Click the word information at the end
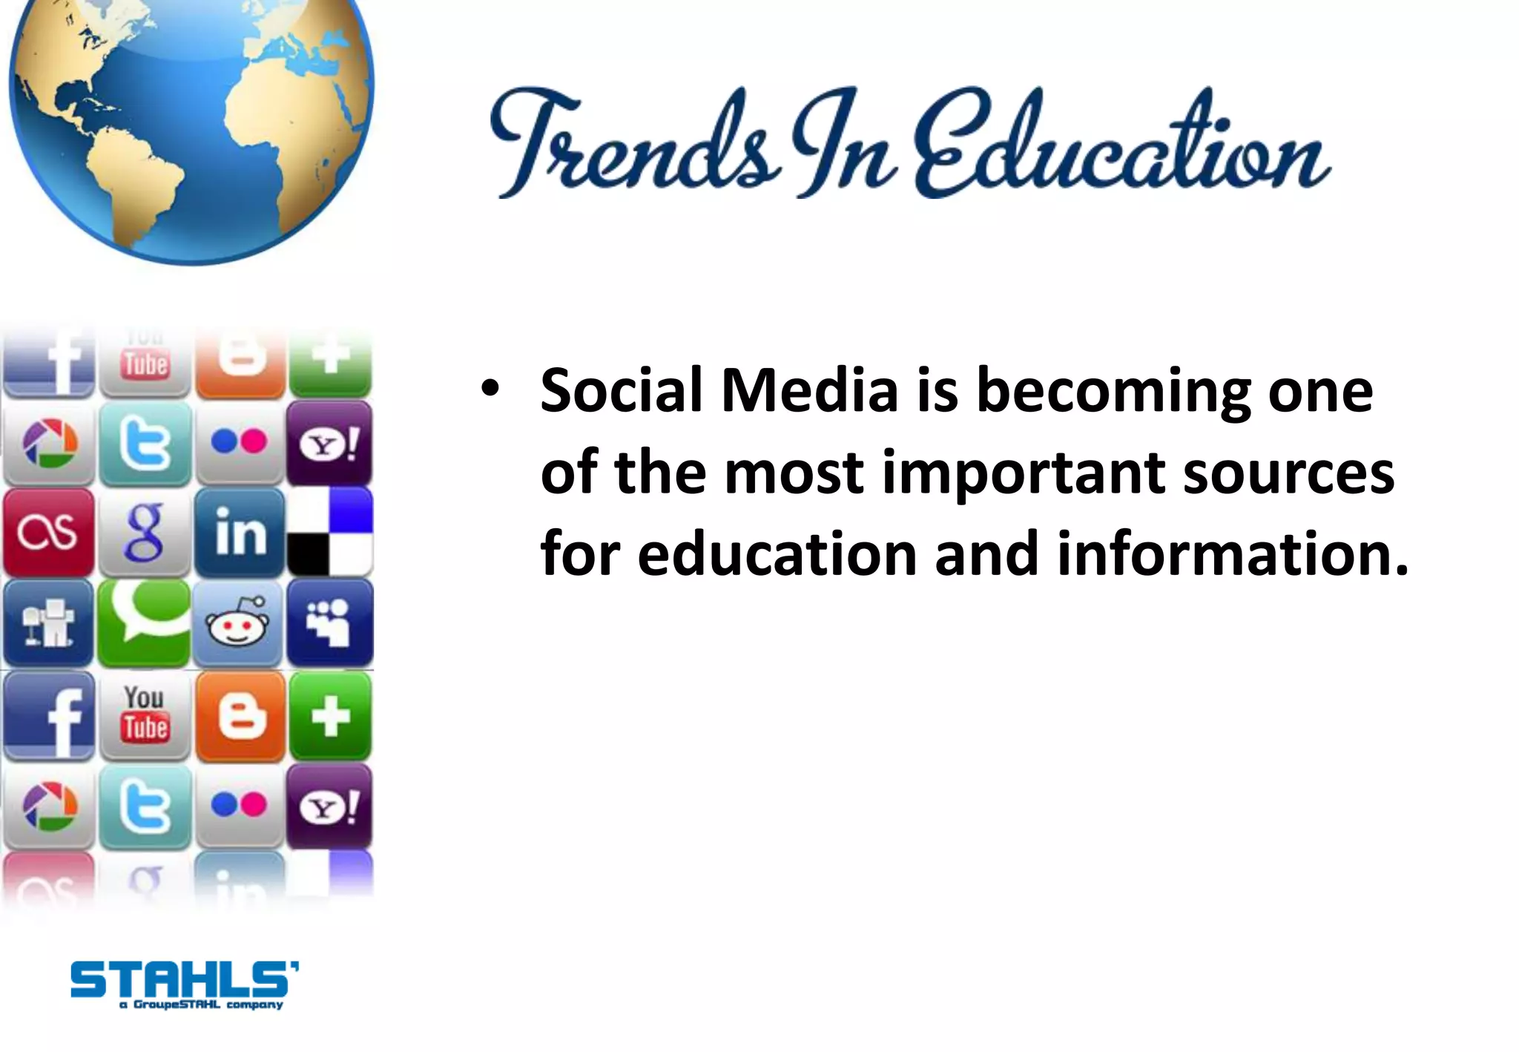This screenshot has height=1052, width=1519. (1231, 554)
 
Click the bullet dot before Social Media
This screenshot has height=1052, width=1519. (490, 387)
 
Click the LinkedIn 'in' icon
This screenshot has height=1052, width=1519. (240, 533)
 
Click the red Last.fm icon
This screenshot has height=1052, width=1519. (48, 533)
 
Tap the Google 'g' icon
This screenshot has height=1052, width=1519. (144, 533)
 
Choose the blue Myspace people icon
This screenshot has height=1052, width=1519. (329, 623)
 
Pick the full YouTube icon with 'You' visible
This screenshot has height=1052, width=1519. (145, 715)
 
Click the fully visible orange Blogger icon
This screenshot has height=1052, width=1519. (240, 717)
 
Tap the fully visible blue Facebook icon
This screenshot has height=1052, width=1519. (49, 717)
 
